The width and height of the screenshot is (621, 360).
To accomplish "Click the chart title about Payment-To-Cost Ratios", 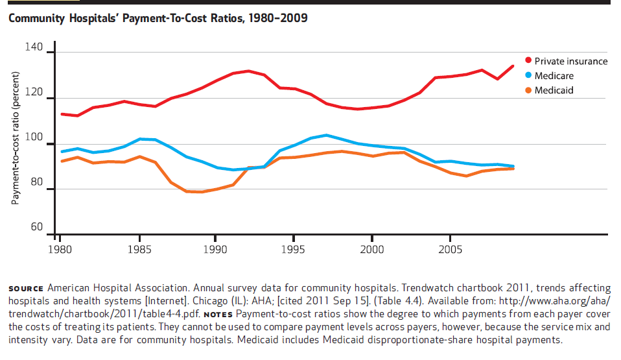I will [x=158, y=18].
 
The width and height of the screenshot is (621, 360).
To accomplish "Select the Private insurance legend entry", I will [x=570, y=61].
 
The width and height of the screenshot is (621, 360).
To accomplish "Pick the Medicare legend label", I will [x=554, y=75].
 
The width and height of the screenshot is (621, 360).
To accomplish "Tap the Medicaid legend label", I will [x=554, y=90].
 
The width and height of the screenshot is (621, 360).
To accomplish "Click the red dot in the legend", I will [x=527, y=61].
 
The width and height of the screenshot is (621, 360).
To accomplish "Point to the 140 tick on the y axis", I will [x=34, y=48].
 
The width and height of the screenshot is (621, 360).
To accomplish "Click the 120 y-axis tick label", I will [x=34, y=95].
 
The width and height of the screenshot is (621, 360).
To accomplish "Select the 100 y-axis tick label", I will [x=34, y=141].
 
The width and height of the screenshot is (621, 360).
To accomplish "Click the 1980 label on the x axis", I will [x=60, y=249].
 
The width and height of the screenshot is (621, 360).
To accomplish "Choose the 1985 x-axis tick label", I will [x=137, y=249].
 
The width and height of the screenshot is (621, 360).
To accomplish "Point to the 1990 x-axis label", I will [x=216, y=249].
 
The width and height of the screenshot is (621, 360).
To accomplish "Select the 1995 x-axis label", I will [x=294, y=249].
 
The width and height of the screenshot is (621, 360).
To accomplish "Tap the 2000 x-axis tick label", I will [x=372, y=249].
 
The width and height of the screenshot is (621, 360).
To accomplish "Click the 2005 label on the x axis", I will [x=451, y=249].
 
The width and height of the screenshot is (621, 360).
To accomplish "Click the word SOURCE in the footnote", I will [x=26, y=288].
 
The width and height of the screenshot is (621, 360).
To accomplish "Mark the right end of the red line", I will [x=513, y=66].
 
